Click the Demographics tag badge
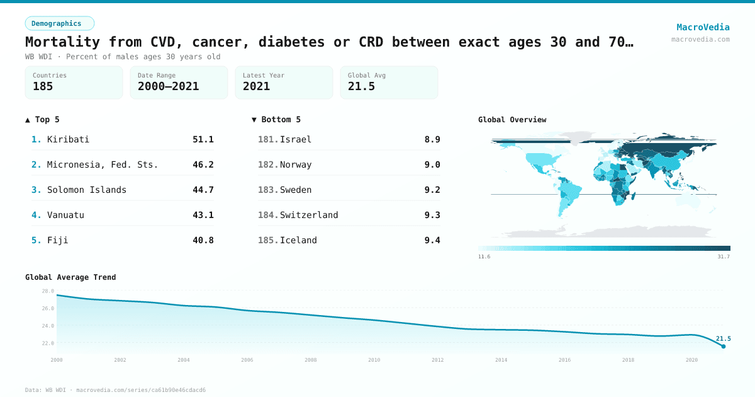tap(59, 23)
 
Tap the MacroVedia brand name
tap(703, 27)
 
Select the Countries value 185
tap(43, 86)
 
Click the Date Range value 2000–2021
tap(168, 86)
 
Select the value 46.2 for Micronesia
tap(203, 164)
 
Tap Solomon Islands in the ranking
tap(87, 190)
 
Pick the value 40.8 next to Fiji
tap(203, 240)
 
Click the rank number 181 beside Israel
tap(267, 139)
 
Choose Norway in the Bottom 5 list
tap(296, 164)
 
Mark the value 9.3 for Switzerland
tap(432, 215)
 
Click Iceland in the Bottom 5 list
tap(298, 240)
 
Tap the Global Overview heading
tap(512, 120)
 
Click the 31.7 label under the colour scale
tap(724, 257)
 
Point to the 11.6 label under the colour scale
tap(484, 257)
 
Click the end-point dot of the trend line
tap(724, 346)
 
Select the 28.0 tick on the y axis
tap(48, 291)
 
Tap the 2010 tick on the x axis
tap(374, 360)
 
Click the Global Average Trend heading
tap(70, 277)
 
